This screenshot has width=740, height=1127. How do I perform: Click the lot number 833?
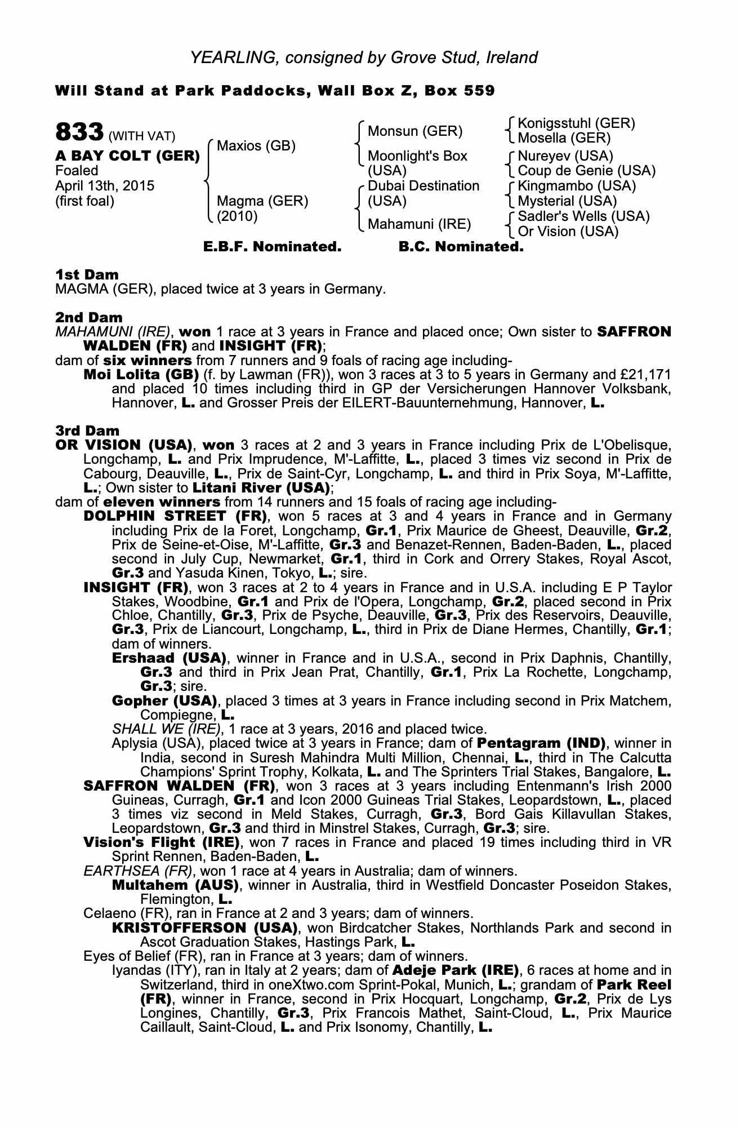(78, 133)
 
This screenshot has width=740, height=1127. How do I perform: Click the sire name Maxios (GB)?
(256, 146)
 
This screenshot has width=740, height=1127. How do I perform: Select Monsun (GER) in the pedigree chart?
(414, 131)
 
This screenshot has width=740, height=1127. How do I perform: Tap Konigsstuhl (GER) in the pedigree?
(576, 123)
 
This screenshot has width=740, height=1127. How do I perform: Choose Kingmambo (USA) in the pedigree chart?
(577, 186)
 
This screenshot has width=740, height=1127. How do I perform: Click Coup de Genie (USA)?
(586, 170)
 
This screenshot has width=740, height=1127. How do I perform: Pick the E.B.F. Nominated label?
(272, 247)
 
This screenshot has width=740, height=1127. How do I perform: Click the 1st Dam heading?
(87, 275)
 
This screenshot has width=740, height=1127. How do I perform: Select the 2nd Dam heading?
(89, 318)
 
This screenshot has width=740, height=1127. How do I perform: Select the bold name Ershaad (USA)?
(169, 658)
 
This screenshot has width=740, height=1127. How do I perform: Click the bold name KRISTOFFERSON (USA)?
(204, 928)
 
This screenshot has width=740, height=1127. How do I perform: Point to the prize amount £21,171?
(648, 375)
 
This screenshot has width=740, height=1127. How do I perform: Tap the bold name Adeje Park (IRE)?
(454, 970)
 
